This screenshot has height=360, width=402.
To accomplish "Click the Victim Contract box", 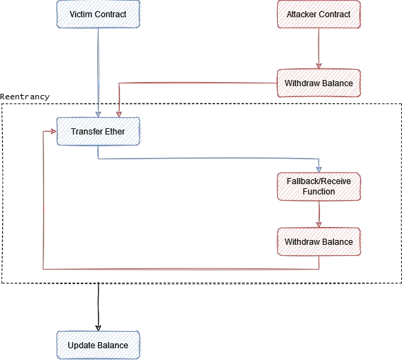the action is [x=98, y=14].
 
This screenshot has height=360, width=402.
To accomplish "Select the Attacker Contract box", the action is [x=319, y=14].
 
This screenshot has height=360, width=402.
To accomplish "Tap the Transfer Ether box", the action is [x=98, y=131].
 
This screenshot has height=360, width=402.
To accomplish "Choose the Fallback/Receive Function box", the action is [x=319, y=186].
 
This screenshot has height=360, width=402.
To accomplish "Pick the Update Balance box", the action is [x=98, y=345].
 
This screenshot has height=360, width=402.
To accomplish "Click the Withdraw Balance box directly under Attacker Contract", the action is [x=319, y=83].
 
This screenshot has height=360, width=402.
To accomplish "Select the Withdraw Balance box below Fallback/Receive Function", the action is [x=319, y=241].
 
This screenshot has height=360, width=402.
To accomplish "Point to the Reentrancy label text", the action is [x=25, y=97].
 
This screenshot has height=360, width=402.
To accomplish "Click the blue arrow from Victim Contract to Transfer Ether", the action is [x=98, y=72].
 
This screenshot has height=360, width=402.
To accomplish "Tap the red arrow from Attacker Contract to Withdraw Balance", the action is [x=319, y=48].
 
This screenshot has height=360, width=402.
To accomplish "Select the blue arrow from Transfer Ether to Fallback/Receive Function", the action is [x=208, y=159].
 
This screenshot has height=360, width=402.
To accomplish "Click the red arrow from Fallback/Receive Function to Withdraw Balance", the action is [x=319, y=214].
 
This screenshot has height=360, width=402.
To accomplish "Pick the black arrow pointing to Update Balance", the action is [x=98, y=307].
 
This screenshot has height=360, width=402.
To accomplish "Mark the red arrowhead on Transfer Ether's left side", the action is [x=54, y=131].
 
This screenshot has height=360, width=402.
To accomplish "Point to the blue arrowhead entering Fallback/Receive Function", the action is [x=319, y=170].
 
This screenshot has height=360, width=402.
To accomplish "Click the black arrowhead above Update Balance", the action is [x=98, y=328].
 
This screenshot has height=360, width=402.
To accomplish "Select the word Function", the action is [x=319, y=192].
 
